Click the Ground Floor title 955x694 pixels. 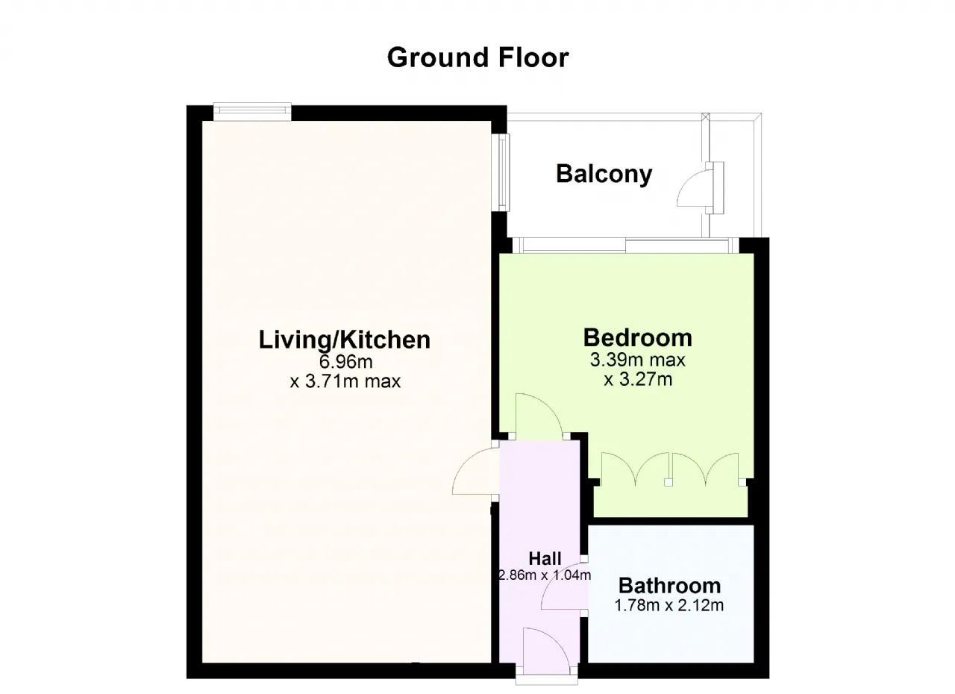tap(478, 57)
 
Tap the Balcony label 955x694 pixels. tap(604, 174)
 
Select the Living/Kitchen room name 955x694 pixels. tap(345, 340)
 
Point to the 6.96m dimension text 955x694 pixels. tap(345, 361)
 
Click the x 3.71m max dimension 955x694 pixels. tap(345, 381)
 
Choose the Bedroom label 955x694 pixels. tap(637, 337)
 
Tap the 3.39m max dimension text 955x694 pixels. tap(637, 360)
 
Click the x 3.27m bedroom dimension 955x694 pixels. tap(638, 379)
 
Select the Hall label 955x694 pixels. tap(545, 558)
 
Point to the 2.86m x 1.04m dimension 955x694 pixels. tap(545, 575)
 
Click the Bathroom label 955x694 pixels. tap(669, 586)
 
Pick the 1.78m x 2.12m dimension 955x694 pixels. tap(669, 605)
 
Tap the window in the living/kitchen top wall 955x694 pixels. tap(252, 111)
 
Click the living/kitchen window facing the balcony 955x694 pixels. tap(504, 172)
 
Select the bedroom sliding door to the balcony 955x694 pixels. tap(625, 246)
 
